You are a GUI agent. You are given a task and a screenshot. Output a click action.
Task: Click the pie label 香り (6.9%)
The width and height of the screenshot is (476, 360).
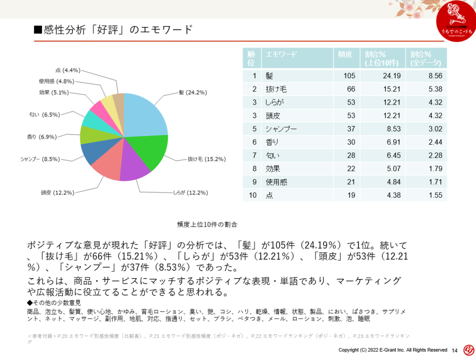(42, 137)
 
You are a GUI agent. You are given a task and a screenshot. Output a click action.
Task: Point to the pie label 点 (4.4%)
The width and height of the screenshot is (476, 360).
(68, 70)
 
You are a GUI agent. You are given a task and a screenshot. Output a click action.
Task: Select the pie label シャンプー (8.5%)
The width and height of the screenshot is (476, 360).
(40, 159)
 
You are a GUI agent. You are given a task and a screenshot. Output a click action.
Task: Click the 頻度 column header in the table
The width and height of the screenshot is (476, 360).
(345, 54)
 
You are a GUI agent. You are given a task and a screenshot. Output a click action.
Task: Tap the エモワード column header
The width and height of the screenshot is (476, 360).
(281, 54)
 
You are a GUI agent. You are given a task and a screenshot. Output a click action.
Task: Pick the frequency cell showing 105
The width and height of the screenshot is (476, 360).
(349, 76)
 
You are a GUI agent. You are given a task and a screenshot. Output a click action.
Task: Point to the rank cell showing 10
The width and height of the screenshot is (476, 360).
(252, 195)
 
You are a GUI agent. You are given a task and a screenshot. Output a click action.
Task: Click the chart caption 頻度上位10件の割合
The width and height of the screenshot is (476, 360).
(207, 224)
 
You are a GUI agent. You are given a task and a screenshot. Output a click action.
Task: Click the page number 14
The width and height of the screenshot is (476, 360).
(455, 350)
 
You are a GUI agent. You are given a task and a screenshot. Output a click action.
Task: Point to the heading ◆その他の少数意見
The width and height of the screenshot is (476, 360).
(54, 303)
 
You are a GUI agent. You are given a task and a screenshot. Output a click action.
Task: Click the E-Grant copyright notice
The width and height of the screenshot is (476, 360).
(392, 350)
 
